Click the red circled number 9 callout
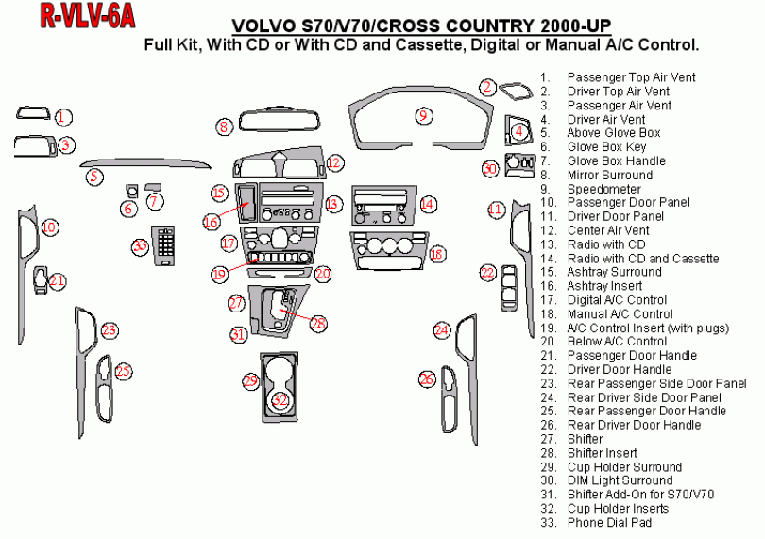tap(424, 115)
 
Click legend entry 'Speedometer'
tap(603, 189)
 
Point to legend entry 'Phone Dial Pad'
tap(609, 522)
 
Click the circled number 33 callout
tap(141, 246)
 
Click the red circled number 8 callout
tap(224, 126)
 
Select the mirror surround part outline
tap(281, 121)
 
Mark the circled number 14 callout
tap(427, 203)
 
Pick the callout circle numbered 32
tap(280, 400)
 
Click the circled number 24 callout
tap(442, 329)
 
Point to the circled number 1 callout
tap(62, 117)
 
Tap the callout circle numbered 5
tap(93, 176)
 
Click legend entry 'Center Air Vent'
tap(608, 230)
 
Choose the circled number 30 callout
tap(490, 168)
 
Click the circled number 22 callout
tap(487, 273)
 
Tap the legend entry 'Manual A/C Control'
tap(620, 313)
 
